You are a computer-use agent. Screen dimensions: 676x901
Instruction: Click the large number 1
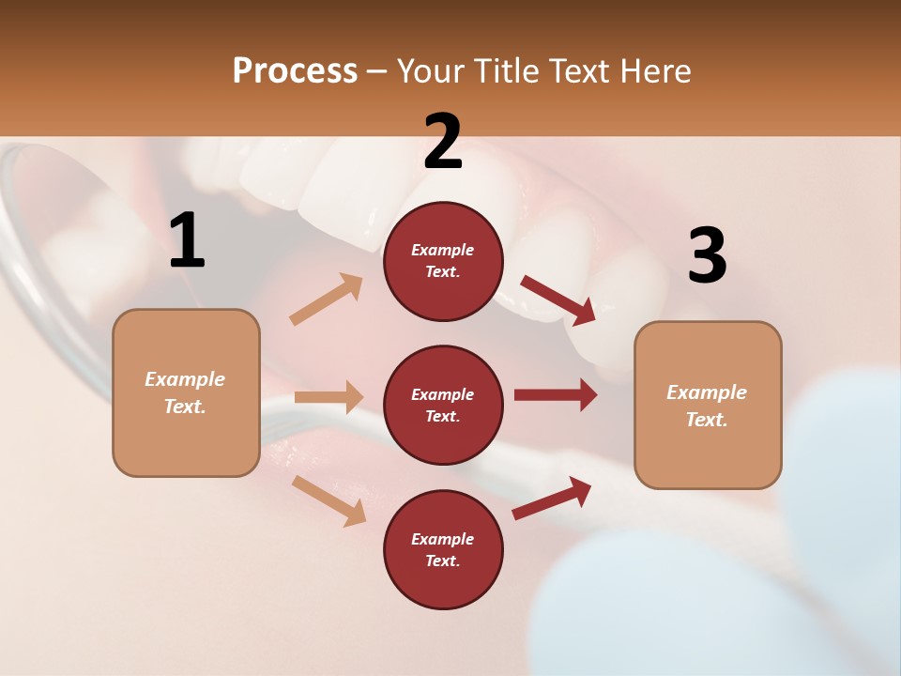point(187,240)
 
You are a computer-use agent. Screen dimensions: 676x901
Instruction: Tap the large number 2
point(443,142)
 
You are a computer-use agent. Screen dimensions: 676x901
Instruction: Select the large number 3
point(707,256)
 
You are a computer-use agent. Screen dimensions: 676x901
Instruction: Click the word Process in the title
point(295,71)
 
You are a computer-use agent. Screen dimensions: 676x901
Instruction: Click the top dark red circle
point(443,261)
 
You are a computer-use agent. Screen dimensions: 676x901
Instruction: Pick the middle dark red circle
point(443,406)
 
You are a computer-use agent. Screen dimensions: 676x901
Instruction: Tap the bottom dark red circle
point(443,550)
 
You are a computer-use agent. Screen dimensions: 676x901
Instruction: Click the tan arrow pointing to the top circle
point(327,300)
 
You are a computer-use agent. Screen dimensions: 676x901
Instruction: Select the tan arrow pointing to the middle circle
point(328,397)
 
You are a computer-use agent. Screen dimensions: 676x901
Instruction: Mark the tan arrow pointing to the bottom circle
point(328,499)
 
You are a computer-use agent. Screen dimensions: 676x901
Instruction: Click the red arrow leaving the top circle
point(557,300)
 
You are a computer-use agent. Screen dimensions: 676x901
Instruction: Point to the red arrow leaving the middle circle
point(556,394)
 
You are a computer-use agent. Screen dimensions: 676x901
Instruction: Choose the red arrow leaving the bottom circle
point(552,498)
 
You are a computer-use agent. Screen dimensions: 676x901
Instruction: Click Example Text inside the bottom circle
point(443,550)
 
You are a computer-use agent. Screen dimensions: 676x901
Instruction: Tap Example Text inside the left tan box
point(186,392)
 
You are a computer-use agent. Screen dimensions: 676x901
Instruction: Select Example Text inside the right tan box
point(707,406)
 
